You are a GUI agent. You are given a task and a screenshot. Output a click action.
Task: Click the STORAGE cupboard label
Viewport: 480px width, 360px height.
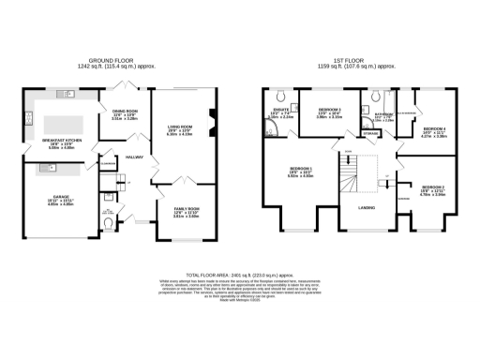coord(371,133)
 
